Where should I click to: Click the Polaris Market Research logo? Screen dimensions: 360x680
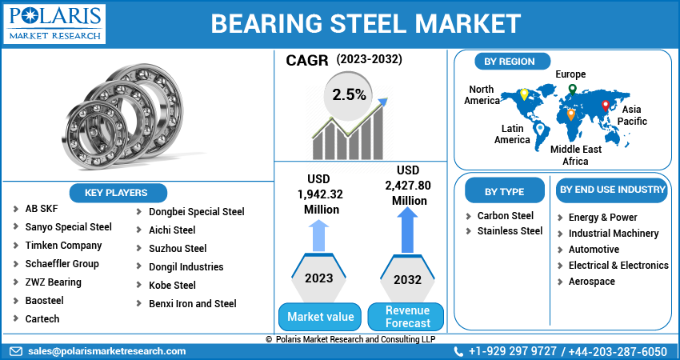coord(54,23)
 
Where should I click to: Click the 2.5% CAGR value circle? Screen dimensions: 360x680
coord(350,95)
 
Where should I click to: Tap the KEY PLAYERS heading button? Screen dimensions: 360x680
coord(116,193)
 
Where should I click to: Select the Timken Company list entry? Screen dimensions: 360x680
coord(63,246)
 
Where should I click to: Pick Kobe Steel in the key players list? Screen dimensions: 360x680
coord(172,285)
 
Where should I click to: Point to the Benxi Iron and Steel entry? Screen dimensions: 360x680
coord(192,303)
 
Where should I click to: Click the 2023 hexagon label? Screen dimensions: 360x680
coord(319,278)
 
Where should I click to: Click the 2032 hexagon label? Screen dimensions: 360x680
coord(408,280)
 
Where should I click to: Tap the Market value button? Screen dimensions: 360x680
coord(320,317)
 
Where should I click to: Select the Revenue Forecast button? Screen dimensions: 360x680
coord(407,317)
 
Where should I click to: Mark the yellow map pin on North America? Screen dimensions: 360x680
coord(524,94)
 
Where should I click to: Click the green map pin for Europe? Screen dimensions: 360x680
coord(572,89)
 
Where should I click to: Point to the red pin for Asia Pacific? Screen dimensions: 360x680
coord(606,106)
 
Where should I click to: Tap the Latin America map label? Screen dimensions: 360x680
coord(512,134)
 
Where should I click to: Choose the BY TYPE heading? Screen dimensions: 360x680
coord(505,191)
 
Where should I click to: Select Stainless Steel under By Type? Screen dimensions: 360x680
coord(510,231)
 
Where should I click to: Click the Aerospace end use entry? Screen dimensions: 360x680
coord(591,282)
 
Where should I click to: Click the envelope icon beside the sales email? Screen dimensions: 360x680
coord(16,351)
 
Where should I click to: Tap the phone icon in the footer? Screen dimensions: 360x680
coord(459,351)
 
